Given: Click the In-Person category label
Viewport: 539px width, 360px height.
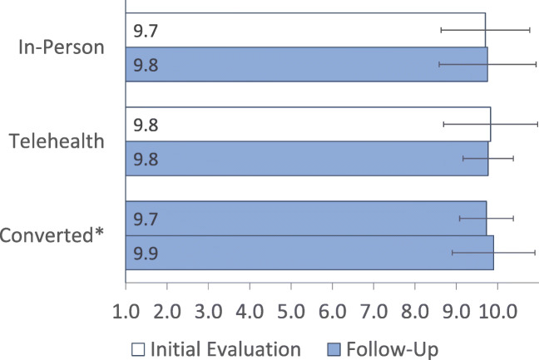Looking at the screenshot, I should coord(61,47).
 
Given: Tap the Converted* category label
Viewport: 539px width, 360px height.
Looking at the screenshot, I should coord(52,234).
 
